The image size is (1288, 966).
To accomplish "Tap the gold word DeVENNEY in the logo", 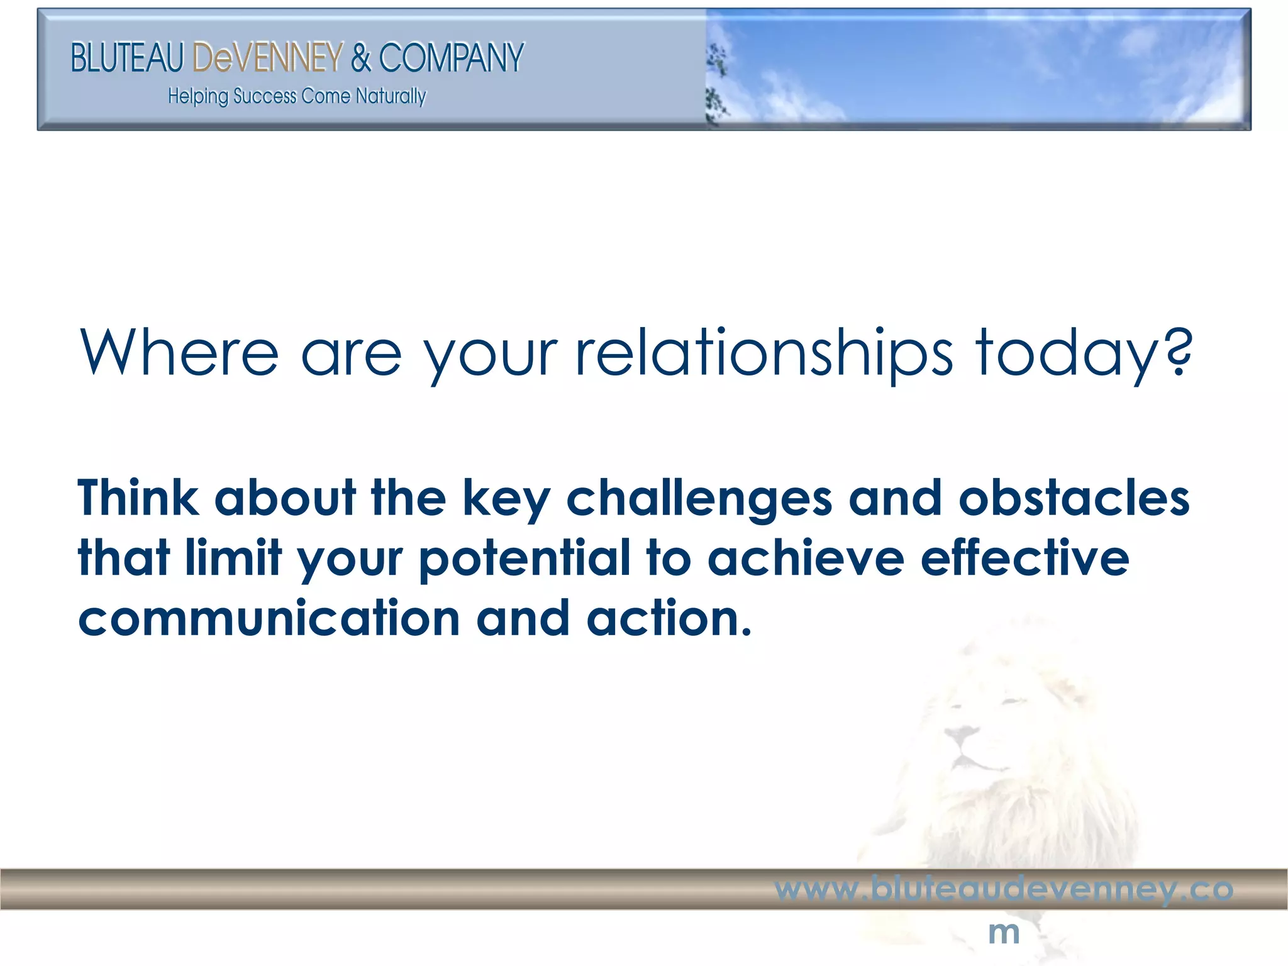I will (268, 58).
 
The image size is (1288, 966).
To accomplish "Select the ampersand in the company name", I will (361, 58).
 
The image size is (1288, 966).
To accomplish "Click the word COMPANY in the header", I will (451, 58).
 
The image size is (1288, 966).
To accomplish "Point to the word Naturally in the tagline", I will (391, 96).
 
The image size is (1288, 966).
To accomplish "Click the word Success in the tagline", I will (265, 96).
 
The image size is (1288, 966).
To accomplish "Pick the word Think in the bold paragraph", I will (138, 497).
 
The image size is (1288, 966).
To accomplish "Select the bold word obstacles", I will (1074, 497).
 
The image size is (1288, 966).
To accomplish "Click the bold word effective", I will (1024, 558).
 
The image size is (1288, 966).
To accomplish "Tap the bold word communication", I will (269, 618).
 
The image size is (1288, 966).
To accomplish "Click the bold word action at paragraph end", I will (669, 618).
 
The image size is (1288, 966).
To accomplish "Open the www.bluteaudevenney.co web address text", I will (1004, 889).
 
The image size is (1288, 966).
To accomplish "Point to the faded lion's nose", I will (960, 733).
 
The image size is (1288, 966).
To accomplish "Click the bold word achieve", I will (806, 558).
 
